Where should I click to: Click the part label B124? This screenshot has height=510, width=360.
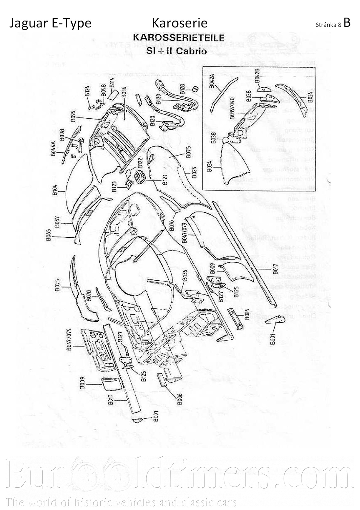[87, 91]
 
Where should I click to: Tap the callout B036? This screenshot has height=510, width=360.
[124, 92]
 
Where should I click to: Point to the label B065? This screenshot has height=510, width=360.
[49, 235]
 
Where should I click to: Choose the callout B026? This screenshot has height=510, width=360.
[194, 172]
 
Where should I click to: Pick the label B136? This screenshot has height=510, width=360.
[185, 275]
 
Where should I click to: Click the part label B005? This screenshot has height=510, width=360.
[247, 314]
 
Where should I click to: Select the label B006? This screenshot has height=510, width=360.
[180, 399]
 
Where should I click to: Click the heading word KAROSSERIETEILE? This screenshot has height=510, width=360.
[179, 38]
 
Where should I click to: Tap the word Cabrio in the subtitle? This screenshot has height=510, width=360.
[191, 50]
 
